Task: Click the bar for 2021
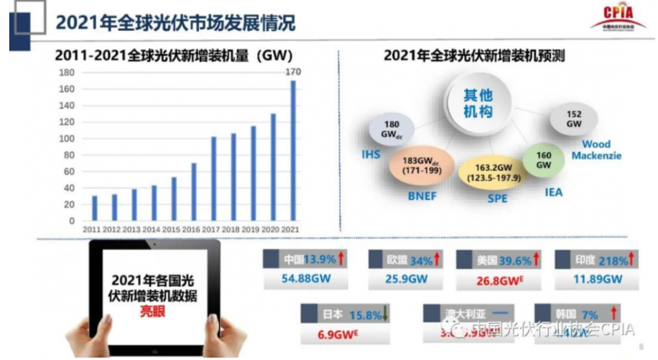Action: pyautogui.click(x=293, y=151)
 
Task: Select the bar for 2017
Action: pyautogui.click(x=214, y=178)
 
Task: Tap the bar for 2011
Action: pyautogui.click(x=95, y=208)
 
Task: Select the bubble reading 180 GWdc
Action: pyautogui.click(x=392, y=129)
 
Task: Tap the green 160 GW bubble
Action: pyautogui.click(x=544, y=160)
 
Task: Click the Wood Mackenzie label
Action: pyautogui.click(x=596, y=150)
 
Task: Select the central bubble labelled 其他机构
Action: pyautogui.click(x=478, y=103)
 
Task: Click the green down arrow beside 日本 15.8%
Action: pyautogui.click(x=386, y=314)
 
